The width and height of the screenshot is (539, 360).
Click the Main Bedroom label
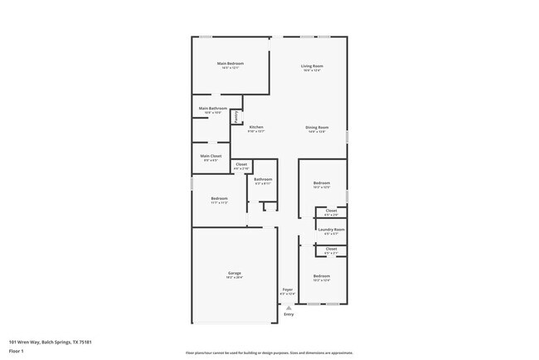[x=230, y=64]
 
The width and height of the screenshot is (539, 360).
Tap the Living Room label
[x=312, y=66]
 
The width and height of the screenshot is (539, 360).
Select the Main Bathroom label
[x=213, y=108]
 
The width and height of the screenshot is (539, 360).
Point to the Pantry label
[x=236, y=118]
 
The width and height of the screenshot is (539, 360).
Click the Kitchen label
[x=256, y=127]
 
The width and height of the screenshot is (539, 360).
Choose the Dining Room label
[x=317, y=127]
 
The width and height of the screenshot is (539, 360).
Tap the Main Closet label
[x=211, y=156]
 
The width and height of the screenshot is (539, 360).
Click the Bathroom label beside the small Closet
[x=263, y=179]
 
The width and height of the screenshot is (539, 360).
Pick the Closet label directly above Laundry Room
[x=331, y=211]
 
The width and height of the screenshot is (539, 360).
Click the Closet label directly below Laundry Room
[x=331, y=249]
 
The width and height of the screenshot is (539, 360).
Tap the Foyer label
[x=287, y=289]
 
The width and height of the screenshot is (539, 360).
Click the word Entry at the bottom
[x=289, y=314]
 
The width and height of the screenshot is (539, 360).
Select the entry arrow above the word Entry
[x=289, y=307]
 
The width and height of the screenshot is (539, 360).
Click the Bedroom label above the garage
[x=219, y=198]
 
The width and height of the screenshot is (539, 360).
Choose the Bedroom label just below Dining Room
[x=322, y=182]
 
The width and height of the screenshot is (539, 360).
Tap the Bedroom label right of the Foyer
[x=322, y=275]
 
